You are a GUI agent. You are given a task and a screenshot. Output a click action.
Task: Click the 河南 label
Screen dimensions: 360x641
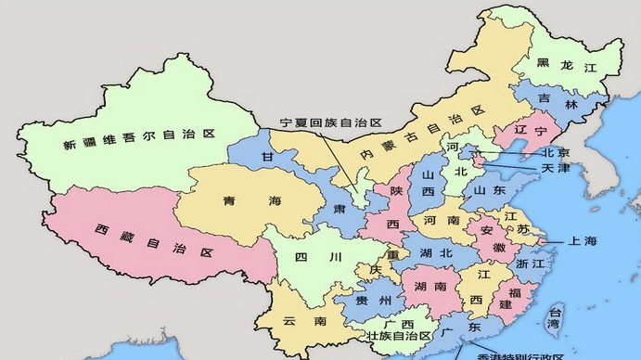[442, 222]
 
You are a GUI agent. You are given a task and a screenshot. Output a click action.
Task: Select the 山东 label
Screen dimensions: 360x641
[489, 189]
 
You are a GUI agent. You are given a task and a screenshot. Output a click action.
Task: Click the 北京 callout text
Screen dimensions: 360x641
[555, 152]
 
